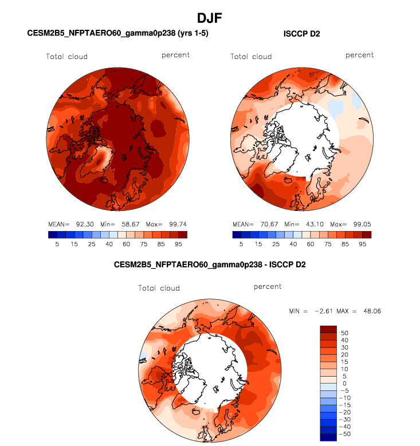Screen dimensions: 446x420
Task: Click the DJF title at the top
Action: tap(210, 19)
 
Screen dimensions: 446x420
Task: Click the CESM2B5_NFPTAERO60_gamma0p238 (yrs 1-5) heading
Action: tap(118, 34)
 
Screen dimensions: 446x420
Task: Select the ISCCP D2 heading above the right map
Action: tap(302, 34)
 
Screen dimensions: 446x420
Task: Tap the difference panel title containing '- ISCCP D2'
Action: tap(210, 265)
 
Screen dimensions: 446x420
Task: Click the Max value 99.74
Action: tap(169, 224)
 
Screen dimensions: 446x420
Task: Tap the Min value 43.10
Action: tap(309, 224)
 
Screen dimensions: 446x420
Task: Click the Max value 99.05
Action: tap(354, 224)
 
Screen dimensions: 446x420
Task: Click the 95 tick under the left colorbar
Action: tap(178, 244)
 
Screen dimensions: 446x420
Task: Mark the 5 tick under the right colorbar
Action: tap(241, 244)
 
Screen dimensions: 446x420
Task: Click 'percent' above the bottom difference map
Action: tap(268, 287)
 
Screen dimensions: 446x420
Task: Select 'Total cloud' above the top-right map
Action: tap(251, 57)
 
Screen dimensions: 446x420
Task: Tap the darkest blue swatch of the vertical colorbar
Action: tap(328, 437)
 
